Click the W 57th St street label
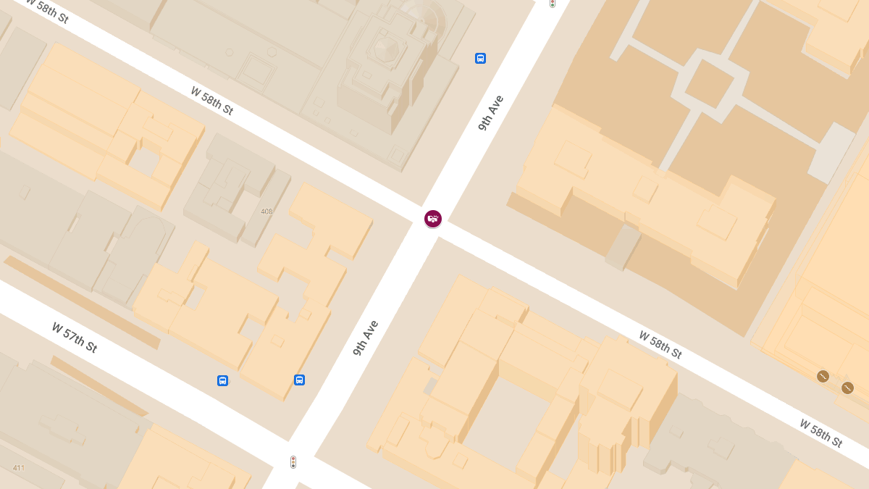pyautogui.click(x=74, y=337)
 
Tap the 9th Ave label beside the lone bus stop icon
pyautogui.click(x=490, y=112)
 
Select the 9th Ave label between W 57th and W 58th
pyautogui.click(x=366, y=338)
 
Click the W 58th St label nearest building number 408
pyautogui.click(x=211, y=101)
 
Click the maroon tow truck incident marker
pyautogui.click(x=433, y=218)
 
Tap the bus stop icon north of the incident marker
pyautogui.click(x=480, y=58)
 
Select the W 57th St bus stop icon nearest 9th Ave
pyautogui.click(x=299, y=380)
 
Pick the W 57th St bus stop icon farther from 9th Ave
pyautogui.click(x=222, y=380)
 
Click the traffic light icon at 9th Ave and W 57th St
pyautogui.click(x=293, y=461)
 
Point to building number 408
pyautogui.click(x=266, y=212)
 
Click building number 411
pyautogui.click(x=19, y=468)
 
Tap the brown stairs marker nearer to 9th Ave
pyautogui.click(x=823, y=376)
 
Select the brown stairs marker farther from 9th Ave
pyautogui.click(x=847, y=388)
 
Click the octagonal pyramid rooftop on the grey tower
pyautogui.click(x=386, y=49)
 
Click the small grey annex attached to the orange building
pyautogui.click(x=622, y=246)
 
